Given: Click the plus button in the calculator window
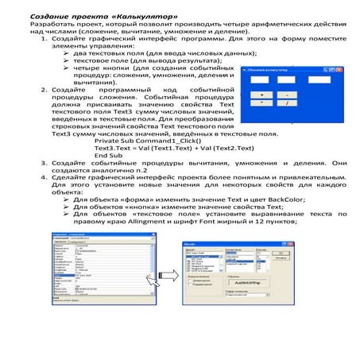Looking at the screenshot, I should click(x=261, y=95).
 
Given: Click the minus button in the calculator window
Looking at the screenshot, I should click(x=290, y=95).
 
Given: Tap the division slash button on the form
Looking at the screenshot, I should click(x=290, y=103).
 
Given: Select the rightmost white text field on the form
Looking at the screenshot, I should click(x=321, y=79).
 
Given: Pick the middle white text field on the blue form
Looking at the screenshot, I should click(x=288, y=79).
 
